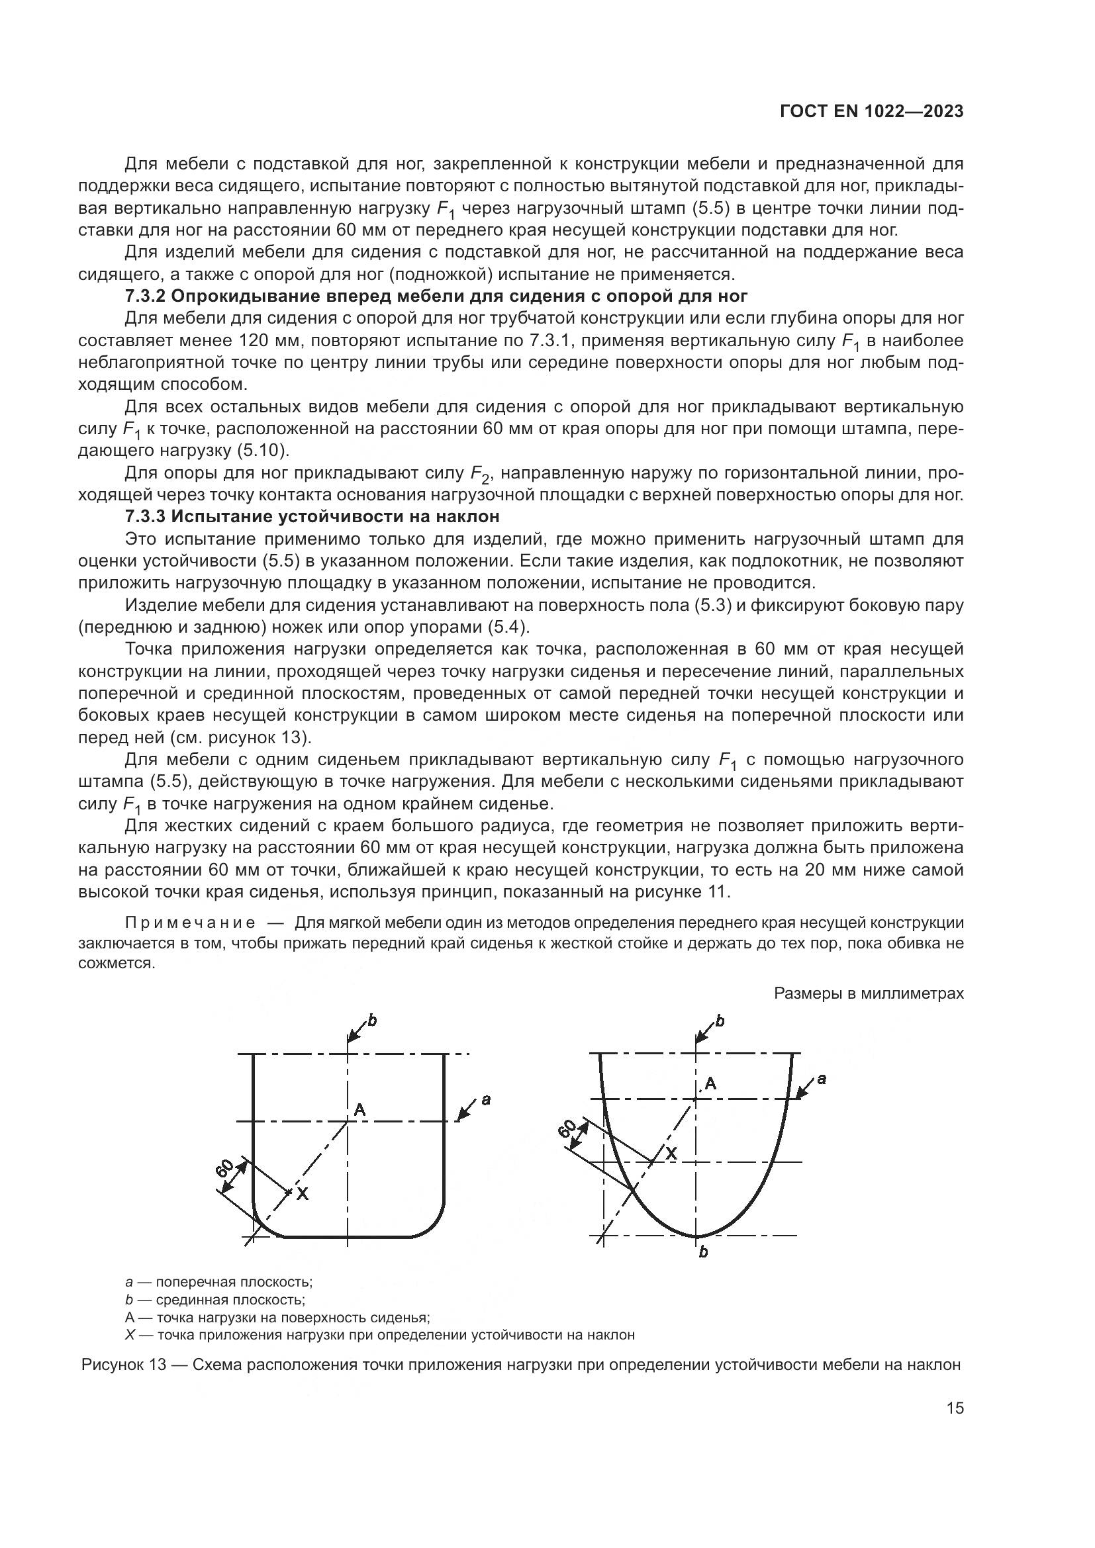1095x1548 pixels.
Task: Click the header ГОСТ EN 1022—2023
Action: point(871,112)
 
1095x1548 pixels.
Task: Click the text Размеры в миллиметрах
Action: point(869,993)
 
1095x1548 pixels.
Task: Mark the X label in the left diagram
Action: point(303,1193)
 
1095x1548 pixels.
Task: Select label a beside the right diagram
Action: point(821,1079)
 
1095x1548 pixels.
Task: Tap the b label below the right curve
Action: point(703,1253)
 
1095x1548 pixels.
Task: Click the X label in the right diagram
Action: point(671,1154)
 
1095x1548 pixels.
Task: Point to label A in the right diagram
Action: point(710,1083)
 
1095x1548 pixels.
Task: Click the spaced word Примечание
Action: point(190,923)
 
